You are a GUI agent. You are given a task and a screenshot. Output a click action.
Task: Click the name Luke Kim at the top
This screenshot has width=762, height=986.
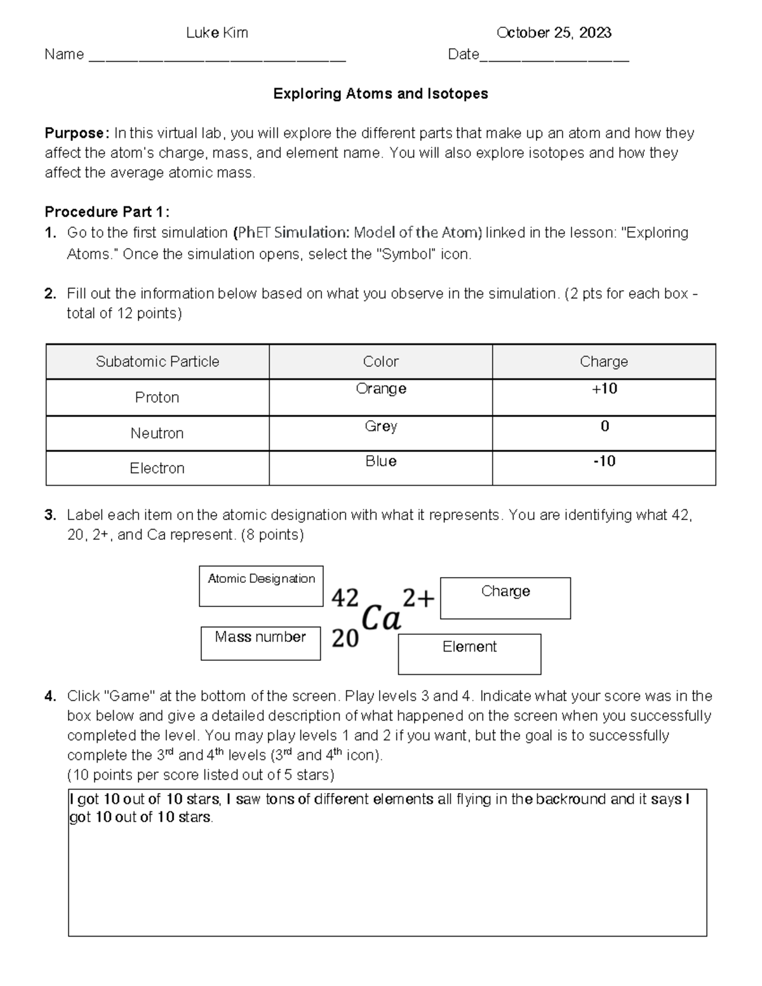click(217, 33)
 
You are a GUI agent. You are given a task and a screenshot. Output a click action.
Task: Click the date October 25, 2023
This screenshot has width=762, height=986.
click(554, 33)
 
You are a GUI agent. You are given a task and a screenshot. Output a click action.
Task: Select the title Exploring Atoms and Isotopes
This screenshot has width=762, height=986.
click(380, 94)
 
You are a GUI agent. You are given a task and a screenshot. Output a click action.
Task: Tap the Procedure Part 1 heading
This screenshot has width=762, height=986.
click(107, 212)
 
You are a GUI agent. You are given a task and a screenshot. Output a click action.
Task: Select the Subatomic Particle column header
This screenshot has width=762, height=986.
click(157, 362)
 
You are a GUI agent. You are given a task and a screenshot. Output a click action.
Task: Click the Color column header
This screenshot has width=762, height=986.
click(380, 362)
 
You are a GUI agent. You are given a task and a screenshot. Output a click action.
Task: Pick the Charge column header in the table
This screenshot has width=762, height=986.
click(603, 362)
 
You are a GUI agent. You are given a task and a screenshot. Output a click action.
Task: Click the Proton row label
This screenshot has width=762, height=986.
click(157, 397)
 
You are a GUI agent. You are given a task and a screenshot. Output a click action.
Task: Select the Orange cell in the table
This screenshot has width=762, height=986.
click(380, 389)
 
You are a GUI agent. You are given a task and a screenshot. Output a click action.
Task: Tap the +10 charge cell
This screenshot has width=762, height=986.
click(604, 389)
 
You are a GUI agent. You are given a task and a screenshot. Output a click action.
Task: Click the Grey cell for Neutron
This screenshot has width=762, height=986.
click(380, 426)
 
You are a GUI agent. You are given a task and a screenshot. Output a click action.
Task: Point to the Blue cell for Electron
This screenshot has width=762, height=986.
click(380, 462)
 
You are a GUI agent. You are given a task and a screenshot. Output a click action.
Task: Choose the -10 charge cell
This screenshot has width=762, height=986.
click(604, 462)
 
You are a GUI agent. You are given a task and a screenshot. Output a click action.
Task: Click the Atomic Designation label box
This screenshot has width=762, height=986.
click(261, 585)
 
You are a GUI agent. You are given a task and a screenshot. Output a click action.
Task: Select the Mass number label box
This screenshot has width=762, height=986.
click(260, 643)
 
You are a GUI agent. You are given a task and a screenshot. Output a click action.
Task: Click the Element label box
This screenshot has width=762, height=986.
click(469, 653)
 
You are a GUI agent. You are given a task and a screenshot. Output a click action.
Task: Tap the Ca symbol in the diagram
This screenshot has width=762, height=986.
click(381, 618)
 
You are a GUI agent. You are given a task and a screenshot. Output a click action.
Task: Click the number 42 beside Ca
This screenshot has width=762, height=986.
click(345, 597)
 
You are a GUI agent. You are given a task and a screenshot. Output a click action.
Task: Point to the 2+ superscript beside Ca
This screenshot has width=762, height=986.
click(418, 597)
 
